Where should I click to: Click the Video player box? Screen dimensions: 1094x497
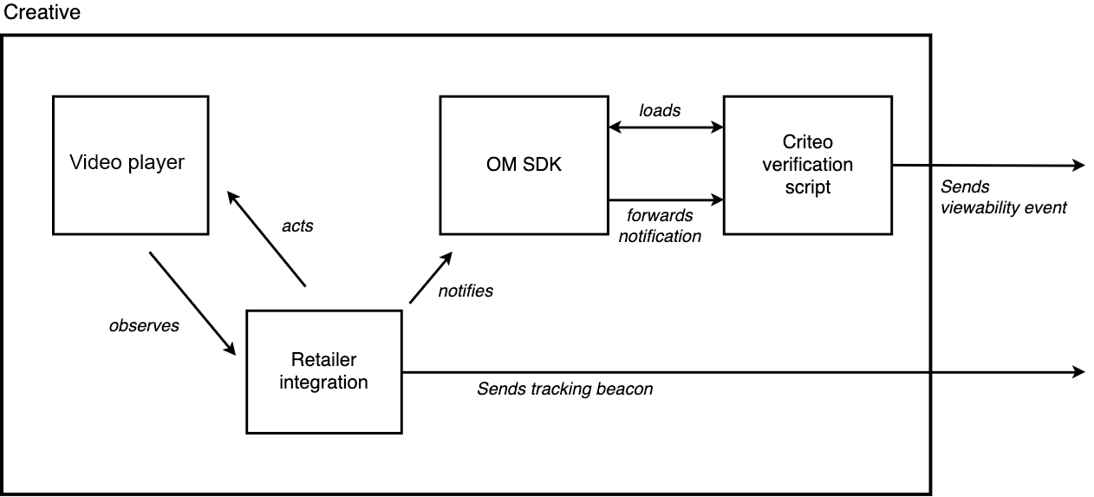pos(130,165)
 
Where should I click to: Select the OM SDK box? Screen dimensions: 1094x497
pos(524,165)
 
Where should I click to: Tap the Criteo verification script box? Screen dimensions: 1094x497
pos(808,165)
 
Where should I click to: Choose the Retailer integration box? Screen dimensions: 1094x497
pos(324,372)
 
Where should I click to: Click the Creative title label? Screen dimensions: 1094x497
pos(42,12)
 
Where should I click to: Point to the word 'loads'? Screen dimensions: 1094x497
pos(660,110)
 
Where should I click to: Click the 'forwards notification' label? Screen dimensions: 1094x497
pos(660,226)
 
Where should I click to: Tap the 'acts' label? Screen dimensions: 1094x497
pos(297,226)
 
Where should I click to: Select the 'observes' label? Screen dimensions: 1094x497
pos(144,325)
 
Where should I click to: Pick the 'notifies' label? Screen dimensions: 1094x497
pos(466,291)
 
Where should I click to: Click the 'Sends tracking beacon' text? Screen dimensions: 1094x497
pos(565,389)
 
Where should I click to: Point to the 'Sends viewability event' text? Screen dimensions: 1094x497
pos(1004,197)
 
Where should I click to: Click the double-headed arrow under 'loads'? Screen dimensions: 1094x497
pos(666,128)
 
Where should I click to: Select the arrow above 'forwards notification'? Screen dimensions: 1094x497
pos(666,199)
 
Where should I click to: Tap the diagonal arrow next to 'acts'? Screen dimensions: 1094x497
pos(267,239)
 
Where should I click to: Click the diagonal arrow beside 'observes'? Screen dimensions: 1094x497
pos(192,304)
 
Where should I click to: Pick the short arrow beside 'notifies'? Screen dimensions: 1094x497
pos(431,278)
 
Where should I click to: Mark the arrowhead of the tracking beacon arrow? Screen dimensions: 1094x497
pos(1078,372)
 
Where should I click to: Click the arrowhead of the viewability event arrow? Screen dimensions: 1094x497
pos(1078,165)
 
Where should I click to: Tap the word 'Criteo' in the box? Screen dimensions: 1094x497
pos(808,142)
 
